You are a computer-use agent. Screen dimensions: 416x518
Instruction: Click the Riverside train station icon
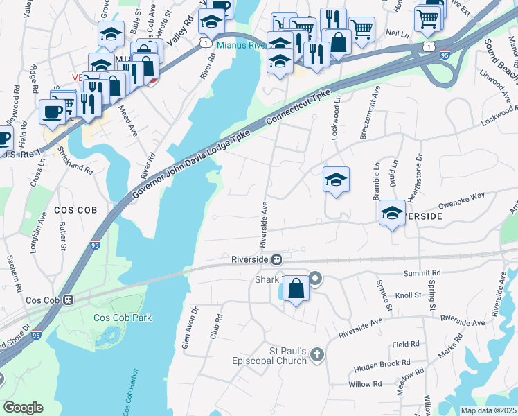click(x=276, y=260)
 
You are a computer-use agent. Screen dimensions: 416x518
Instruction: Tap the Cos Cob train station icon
click(x=68, y=300)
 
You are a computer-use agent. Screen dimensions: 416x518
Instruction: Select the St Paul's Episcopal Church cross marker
click(x=316, y=356)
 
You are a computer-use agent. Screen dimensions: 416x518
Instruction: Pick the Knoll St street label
click(x=409, y=295)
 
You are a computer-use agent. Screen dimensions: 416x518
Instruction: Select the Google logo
click(x=23, y=408)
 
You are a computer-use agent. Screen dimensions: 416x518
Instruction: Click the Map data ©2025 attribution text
click(x=489, y=410)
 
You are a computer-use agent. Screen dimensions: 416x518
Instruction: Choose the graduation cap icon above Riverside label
click(x=392, y=213)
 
